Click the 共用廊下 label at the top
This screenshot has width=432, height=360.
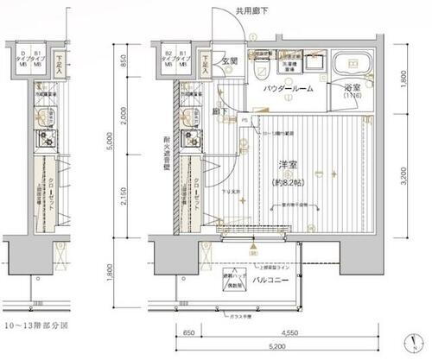[251, 12]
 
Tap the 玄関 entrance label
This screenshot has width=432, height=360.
[229, 62]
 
